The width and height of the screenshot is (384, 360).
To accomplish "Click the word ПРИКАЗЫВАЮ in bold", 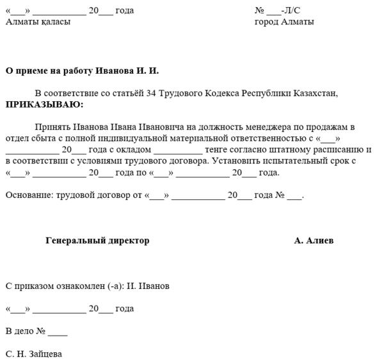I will [x=44, y=104].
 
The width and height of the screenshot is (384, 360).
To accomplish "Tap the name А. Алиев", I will [x=314, y=241].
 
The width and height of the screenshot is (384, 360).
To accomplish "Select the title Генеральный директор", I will [x=97, y=241].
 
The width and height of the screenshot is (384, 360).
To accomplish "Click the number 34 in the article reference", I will [x=152, y=93].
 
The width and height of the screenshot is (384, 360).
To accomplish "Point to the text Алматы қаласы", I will [x=38, y=22].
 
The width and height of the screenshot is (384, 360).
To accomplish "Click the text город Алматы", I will [x=284, y=22].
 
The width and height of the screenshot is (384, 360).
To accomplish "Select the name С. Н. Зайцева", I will [x=34, y=353].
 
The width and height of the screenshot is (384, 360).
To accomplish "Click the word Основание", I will [x=29, y=195].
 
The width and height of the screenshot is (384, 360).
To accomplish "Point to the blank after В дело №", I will [x=57, y=332].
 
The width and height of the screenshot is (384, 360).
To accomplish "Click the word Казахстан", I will [x=312, y=93].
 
